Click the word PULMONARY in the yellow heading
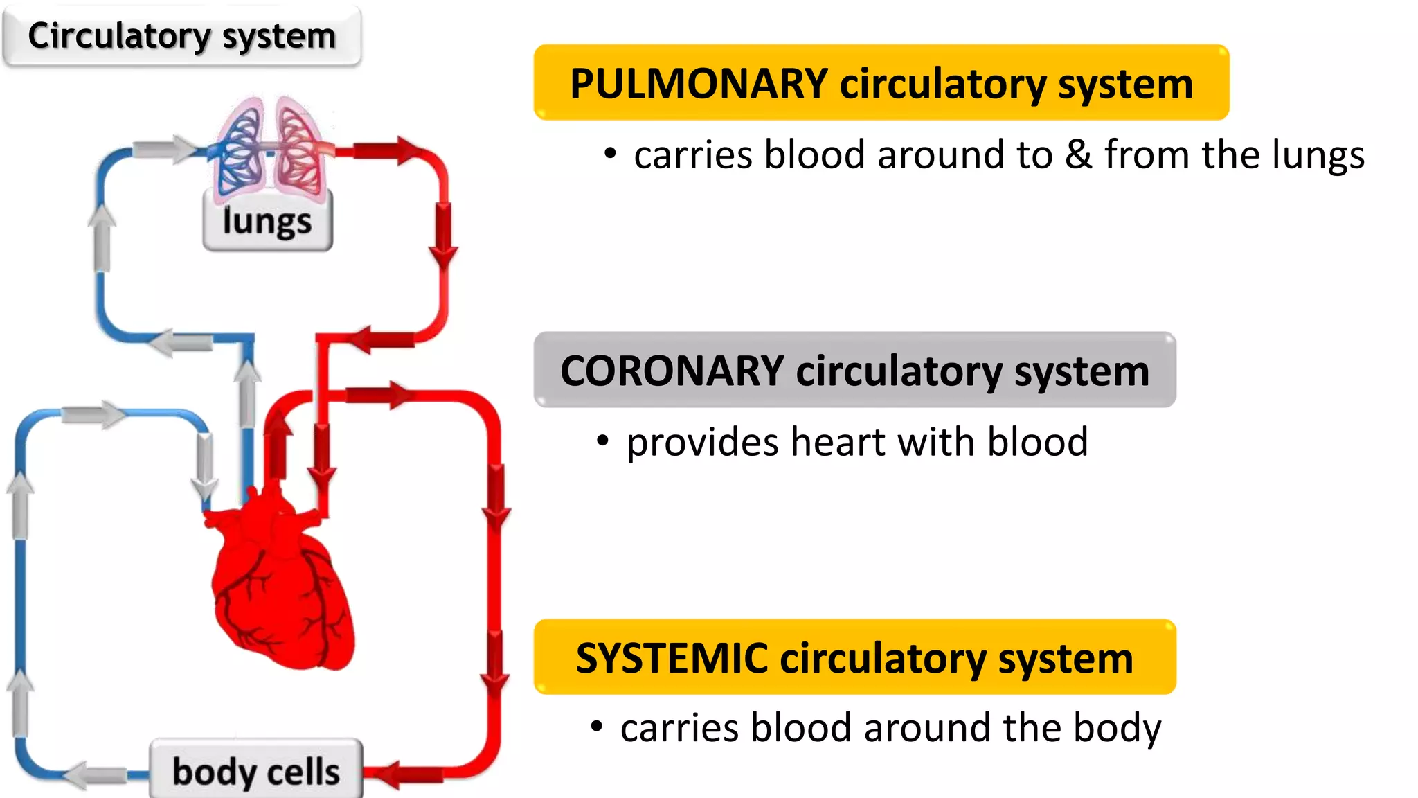[698, 84]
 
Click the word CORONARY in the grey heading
[672, 371]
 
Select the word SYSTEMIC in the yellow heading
[672, 658]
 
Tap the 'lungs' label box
[267, 222]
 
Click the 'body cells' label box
[256, 771]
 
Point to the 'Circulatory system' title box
[181, 36]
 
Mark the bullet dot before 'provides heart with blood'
[602, 441]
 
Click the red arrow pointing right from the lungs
[388, 150]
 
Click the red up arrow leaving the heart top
[278, 443]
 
